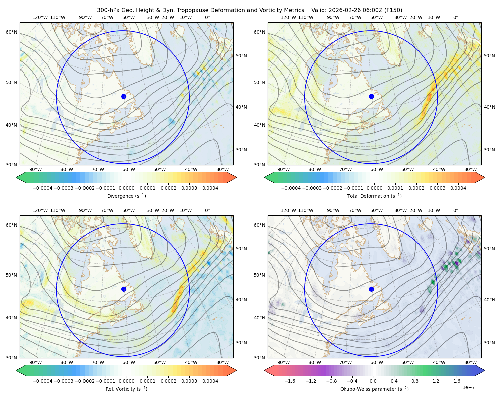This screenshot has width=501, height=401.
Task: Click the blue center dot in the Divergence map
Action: tap(124, 96)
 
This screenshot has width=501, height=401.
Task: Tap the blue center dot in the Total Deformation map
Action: tap(371, 96)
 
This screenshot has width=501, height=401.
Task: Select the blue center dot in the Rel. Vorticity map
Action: tap(124, 289)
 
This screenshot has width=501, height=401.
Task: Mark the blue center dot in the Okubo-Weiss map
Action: tap(371, 289)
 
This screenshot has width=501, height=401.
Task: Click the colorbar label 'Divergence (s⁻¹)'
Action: tap(126, 196)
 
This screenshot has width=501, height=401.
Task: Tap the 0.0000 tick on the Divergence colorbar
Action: tap(126, 188)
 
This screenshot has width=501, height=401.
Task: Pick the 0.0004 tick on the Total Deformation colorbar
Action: tap(458, 188)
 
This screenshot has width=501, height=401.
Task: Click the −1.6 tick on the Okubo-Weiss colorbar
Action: tap(290, 381)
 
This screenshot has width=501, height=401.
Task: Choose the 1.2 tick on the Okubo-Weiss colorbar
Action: tap(436, 381)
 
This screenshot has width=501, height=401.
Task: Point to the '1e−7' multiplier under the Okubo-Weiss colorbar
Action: tap(468, 387)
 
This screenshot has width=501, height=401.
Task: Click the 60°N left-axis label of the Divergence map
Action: tap(11, 32)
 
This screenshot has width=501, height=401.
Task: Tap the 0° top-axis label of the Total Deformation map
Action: tap(455, 17)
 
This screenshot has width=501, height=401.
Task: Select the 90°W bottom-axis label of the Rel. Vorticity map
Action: tap(36, 362)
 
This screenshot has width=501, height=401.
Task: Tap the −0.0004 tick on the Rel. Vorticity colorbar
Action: tap(43, 381)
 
